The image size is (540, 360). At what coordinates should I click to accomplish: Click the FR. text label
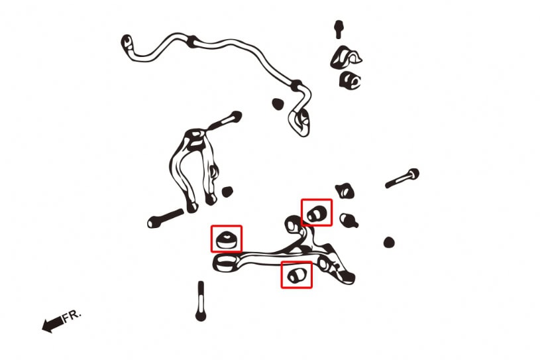click(72, 316)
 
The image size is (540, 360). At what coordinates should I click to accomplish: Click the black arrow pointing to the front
click(53, 325)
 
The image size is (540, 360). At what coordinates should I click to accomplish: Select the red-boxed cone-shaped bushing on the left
click(226, 239)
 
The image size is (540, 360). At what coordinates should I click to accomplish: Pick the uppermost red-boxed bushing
click(317, 213)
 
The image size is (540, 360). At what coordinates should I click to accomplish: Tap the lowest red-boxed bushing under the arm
click(297, 274)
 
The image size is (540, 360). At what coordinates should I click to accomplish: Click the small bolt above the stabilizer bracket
click(339, 29)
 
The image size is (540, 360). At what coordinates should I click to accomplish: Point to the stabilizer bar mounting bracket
click(345, 57)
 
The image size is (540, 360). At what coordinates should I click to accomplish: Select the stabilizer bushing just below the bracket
click(350, 81)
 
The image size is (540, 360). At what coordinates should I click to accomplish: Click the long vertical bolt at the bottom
click(201, 301)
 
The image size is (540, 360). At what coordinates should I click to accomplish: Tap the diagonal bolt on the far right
click(402, 178)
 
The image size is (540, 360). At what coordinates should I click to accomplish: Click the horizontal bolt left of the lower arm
click(165, 218)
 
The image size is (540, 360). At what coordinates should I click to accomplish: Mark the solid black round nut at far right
click(389, 242)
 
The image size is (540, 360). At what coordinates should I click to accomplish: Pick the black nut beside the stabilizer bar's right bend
click(277, 103)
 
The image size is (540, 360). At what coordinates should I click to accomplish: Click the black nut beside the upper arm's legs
click(227, 192)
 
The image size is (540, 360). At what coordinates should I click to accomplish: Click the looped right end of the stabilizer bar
click(299, 122)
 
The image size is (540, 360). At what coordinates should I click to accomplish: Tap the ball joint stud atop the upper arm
click(226, 120)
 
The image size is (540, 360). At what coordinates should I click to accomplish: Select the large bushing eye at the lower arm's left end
click(225, 263)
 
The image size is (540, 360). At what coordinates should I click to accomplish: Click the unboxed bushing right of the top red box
click(349, 220)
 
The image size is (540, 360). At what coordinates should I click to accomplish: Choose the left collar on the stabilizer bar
click(193, 41)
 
